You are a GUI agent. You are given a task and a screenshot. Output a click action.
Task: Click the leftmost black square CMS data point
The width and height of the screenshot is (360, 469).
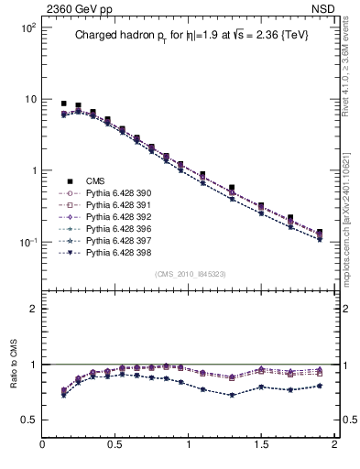[x=63, y=104]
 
